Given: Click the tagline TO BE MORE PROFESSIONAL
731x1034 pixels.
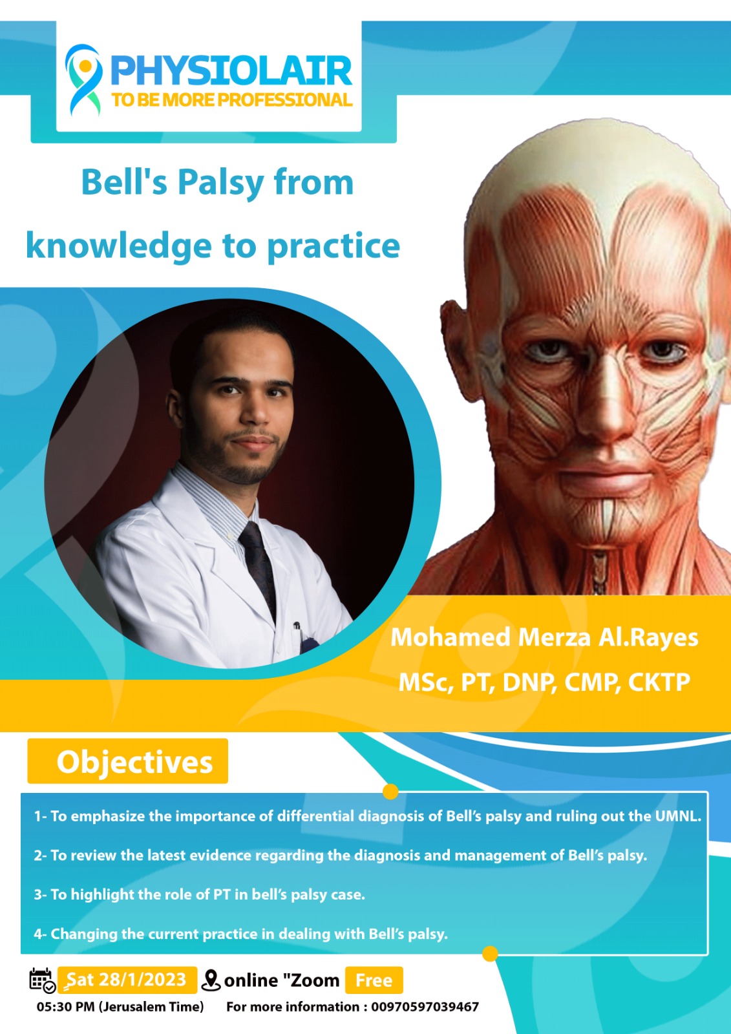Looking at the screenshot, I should pos(231,100).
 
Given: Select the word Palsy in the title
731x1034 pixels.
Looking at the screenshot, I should pos(219,183).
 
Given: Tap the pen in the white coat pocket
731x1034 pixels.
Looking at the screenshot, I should pos(299,637).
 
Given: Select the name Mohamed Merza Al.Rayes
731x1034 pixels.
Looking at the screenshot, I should pos(544,638).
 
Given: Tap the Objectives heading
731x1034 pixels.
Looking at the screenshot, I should pos(134,762).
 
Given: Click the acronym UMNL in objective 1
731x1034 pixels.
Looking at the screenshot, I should pos(677,816).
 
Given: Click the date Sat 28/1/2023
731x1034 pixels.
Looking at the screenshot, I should pos(127,980).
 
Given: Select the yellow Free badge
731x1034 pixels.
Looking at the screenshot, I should pos(374,980).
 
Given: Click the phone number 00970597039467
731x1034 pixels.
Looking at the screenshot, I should pos(425,1007).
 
